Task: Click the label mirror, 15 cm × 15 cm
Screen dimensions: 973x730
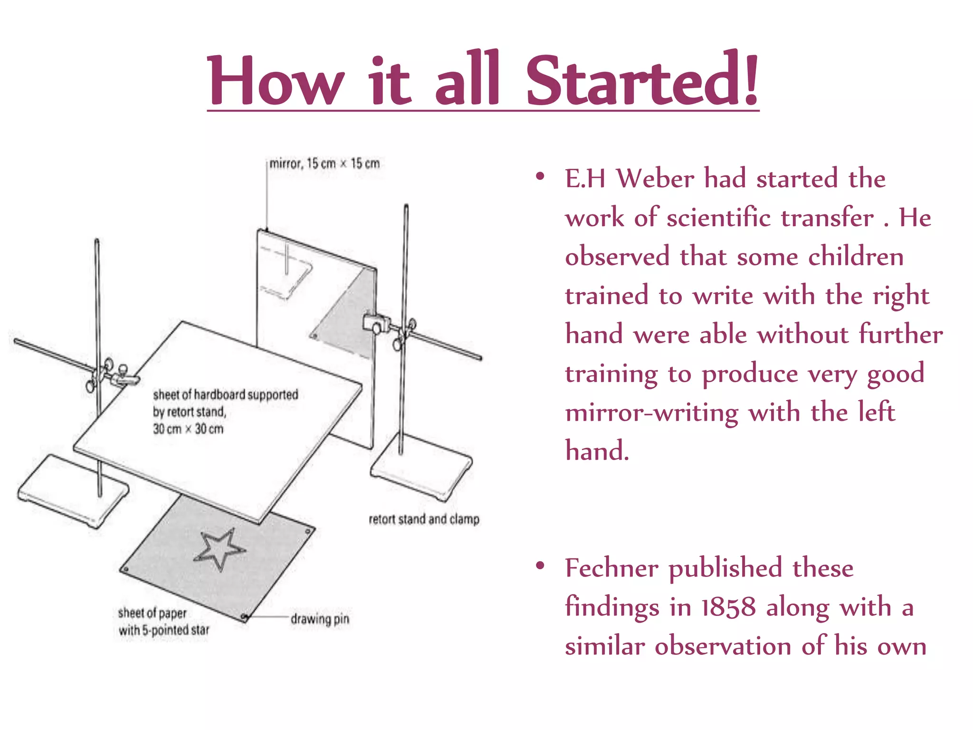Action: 324,163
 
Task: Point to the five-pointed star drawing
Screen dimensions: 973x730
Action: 219,549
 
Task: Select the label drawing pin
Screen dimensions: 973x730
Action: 320,619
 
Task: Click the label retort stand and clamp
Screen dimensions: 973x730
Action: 424,519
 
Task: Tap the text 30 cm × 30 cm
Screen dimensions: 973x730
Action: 188,429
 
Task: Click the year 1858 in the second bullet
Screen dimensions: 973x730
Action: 728,607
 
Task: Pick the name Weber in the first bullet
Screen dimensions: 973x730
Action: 655,179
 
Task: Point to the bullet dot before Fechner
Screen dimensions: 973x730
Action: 540,566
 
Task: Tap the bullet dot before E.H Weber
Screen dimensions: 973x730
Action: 540,176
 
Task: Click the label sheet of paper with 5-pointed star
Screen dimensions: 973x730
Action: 164,622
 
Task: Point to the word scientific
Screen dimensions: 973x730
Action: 722,218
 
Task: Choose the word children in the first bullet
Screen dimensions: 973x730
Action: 856,257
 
